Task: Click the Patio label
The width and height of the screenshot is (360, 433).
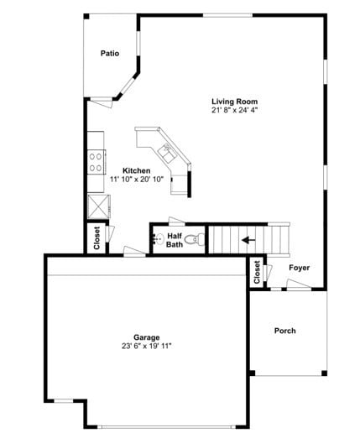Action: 109,53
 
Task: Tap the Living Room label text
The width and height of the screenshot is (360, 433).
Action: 234,102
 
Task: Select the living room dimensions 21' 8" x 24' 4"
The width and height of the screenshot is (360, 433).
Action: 234,110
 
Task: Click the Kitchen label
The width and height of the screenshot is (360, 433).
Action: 135,170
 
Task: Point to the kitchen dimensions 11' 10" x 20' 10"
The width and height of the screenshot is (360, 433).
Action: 135,179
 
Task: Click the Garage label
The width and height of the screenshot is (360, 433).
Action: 146,337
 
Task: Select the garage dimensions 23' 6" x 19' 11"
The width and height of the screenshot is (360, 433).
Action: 146,346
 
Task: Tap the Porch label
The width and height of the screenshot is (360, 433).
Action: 285,331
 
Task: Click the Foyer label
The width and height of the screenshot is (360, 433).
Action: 300,268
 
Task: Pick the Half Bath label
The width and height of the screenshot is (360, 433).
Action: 174,240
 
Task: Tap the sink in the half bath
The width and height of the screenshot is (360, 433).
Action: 156,238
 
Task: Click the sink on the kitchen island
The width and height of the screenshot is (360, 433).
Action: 167,151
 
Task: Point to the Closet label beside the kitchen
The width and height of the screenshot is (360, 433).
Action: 97,238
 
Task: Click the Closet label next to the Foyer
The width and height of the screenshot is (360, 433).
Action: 257,271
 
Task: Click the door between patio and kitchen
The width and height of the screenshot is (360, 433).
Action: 101,102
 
